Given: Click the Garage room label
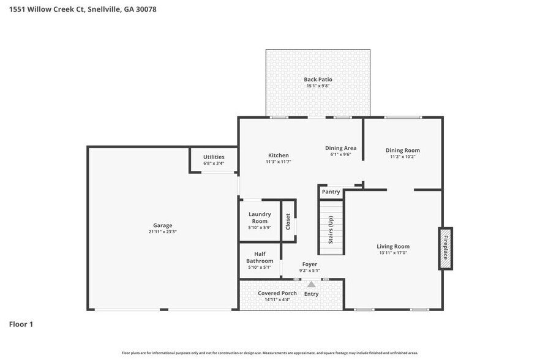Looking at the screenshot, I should point(162,225).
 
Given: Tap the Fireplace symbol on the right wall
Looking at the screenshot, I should point(446,248).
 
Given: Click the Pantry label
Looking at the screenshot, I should point(331,192).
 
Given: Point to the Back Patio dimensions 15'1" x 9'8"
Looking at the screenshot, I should point(318,86).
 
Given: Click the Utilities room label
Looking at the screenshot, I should point(214,157).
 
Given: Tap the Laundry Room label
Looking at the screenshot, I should point(260,217).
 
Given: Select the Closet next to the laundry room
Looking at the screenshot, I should point(288,221).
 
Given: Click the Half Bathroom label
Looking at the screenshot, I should point(260,257).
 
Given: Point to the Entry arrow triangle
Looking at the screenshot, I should point(311,284).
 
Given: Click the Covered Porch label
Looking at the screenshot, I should point(277,293).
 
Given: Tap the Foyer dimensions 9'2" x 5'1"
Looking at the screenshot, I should point(309,271).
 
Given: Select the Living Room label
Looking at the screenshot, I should point(392,246).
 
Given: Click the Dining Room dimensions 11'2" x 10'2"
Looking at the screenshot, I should point(402,157).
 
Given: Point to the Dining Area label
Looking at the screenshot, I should point(340,148).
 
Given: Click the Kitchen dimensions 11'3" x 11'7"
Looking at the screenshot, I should point(278,162).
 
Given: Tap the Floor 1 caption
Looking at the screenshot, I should point(21,324).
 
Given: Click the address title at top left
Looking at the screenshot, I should point(78,9).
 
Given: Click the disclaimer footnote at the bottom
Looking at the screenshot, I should point(269,353).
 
